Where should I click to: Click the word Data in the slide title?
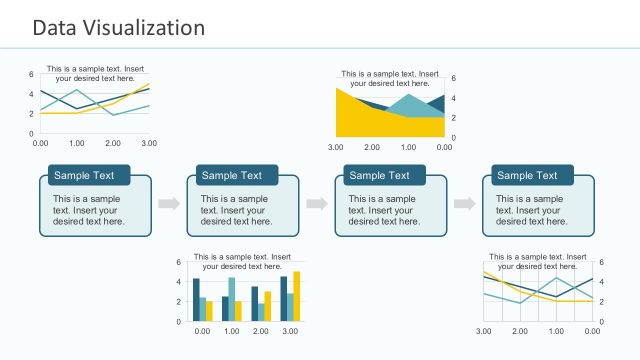[52, 27]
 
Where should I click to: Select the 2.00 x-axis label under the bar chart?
[261, 331]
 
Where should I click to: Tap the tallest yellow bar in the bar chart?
[296, 296]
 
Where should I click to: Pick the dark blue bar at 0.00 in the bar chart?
[196, 300]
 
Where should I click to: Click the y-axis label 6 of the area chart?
[454, 78]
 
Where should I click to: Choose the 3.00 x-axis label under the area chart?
[336, 148]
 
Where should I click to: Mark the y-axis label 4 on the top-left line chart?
[31, 93]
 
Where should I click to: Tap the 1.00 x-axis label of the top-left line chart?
[76, 143]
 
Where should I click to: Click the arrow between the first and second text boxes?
[168, 204]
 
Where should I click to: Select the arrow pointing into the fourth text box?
[464, 204]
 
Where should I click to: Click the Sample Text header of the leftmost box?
[85, 176]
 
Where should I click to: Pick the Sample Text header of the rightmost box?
[528, 176]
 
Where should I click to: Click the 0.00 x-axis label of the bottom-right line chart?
[592, 331]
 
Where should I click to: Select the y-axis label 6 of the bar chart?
[179, 262]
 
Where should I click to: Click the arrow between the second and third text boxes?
[316, 204]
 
